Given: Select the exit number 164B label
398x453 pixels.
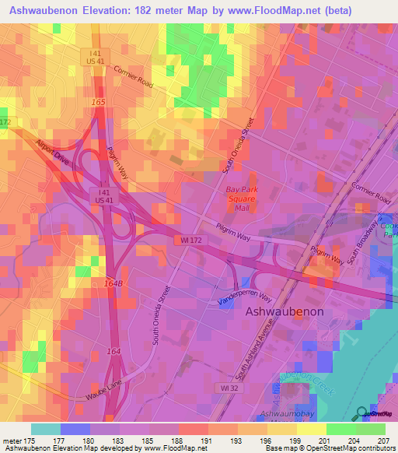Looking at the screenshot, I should pyautogui.click(x=113, y=283).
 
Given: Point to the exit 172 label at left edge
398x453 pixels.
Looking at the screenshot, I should pyautogui.click(x=5, y=123).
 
